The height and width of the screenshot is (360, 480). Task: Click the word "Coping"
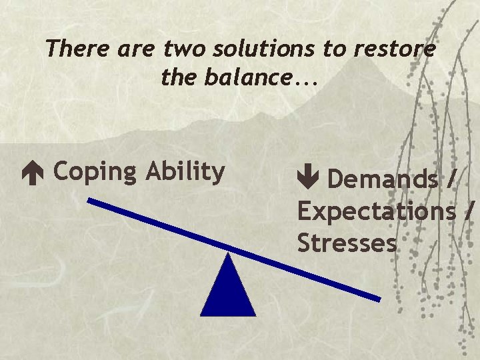(x=94, y=172)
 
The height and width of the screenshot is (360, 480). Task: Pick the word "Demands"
(x=383, y=179)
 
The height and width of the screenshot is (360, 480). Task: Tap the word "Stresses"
(x=347, y=243)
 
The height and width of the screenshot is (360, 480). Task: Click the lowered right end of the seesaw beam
(x=377, y=297)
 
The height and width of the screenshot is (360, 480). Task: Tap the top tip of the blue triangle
(x=228, y=255)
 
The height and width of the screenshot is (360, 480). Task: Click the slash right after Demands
(x=453, y=179)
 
